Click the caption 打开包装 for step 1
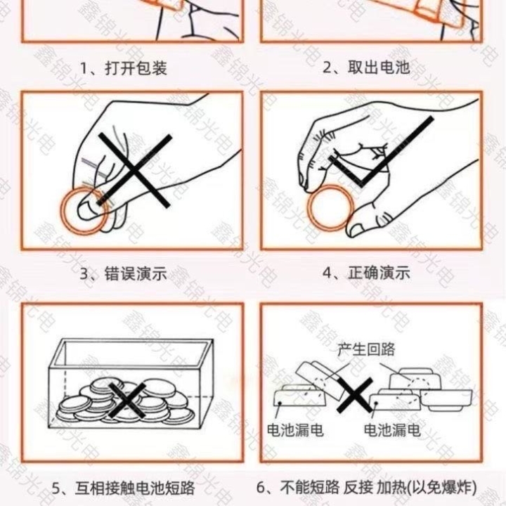(136, 68)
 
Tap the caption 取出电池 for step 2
(379, 67)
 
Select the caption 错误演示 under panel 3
(136, 273)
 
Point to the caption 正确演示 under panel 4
(379, 273)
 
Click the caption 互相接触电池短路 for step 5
(135, 488)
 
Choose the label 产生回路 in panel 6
(366, 349)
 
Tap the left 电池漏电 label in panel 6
(295, 430)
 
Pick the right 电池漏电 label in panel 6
(392, 430)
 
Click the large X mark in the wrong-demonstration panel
(134, 170)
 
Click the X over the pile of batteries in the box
(126, 400)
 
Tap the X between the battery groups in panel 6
(355, 395)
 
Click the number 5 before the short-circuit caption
(56, 488)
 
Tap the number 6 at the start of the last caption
(261, 488)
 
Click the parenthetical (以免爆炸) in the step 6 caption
(441, 487)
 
